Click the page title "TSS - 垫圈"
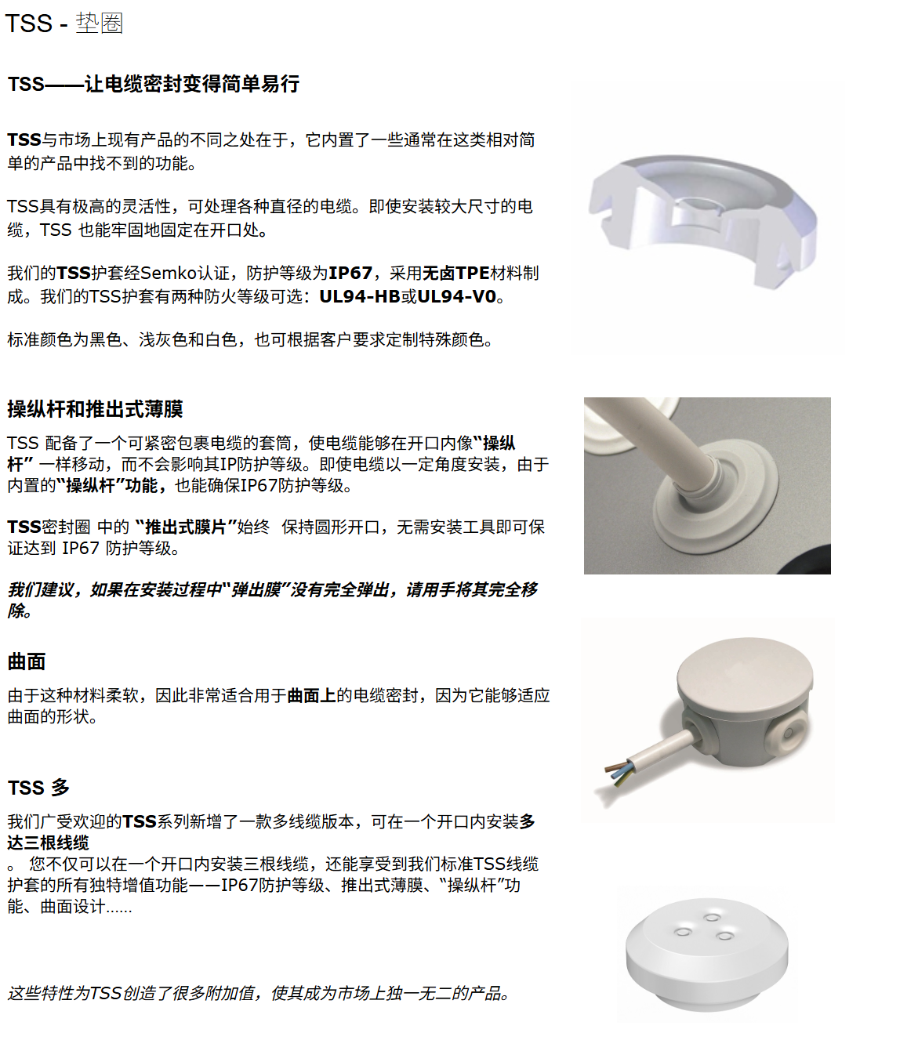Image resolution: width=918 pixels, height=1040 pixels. point(64,24)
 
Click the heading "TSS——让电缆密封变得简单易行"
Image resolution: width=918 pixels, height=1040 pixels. point(154,84)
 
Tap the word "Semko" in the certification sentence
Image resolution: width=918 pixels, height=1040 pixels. point(168,273)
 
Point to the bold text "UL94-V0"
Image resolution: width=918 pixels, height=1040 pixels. point(457,297)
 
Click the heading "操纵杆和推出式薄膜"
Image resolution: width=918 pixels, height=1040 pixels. point(95,409)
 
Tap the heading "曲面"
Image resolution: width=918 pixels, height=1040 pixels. point(27,661)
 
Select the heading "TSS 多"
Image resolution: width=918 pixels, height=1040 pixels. point(38,788)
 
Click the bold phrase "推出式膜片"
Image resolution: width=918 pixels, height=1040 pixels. point(186,527)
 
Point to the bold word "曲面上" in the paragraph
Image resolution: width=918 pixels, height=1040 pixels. point(312,696)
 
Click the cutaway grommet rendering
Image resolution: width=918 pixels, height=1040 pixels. point(702,222)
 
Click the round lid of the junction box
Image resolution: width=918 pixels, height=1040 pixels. point(746,670)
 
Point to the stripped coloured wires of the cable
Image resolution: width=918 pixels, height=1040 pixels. point(619,772)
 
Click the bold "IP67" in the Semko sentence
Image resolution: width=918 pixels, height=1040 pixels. point(350,273)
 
